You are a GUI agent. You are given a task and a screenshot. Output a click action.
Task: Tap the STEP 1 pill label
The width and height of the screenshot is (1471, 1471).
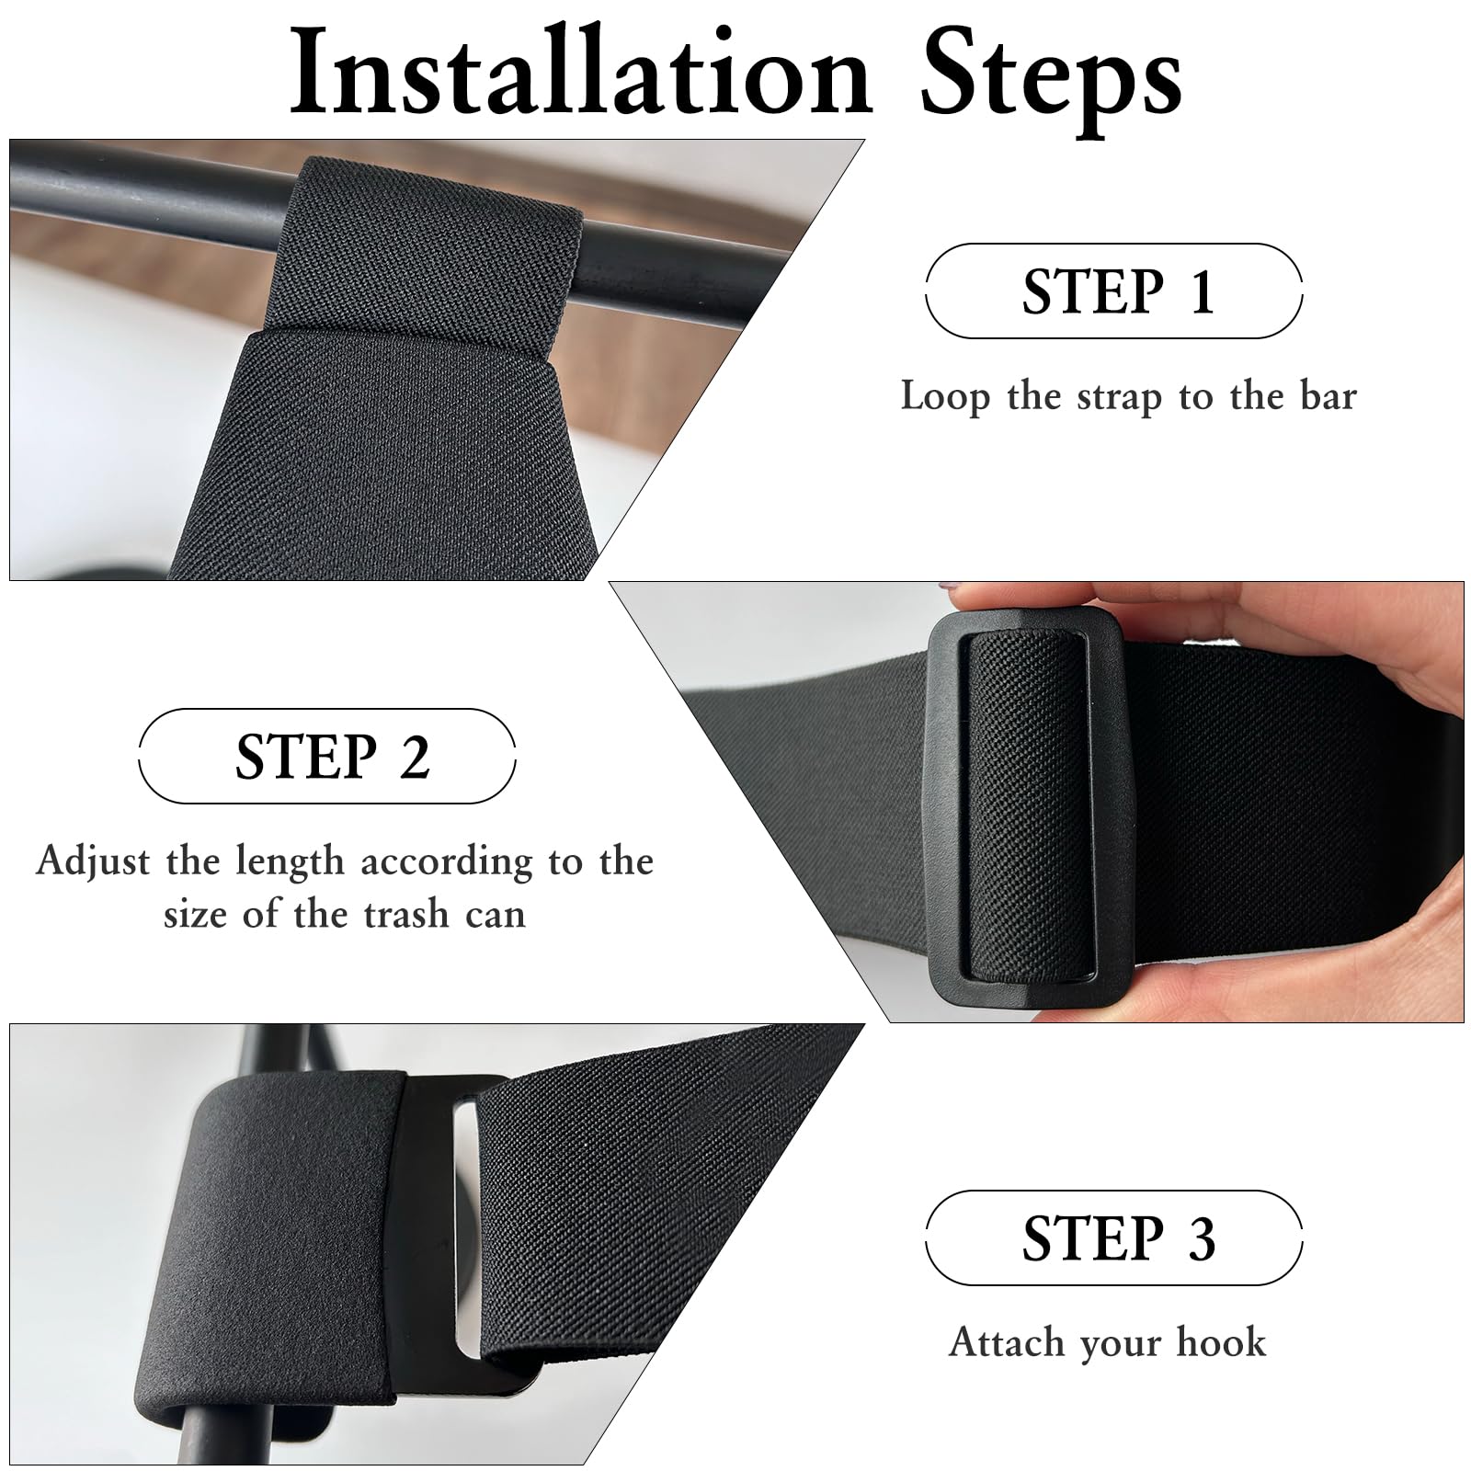tap(1113, 291)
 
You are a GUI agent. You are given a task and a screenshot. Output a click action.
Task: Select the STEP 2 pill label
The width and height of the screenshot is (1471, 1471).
tap(326, 757)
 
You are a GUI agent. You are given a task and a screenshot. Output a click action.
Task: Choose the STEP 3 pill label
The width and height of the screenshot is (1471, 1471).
tap(1113, 1237)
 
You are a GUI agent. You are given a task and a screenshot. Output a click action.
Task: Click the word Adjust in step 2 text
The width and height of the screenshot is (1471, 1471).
tap(93, 861)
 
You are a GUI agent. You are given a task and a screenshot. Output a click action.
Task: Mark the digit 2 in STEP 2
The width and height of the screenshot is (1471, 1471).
tap(415, 758)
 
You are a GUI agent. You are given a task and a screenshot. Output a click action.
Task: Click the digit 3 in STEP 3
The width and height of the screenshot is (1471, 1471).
tap(1201, 1238)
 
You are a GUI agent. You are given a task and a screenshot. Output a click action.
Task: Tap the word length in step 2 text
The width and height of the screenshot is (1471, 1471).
tap(289, 861)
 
